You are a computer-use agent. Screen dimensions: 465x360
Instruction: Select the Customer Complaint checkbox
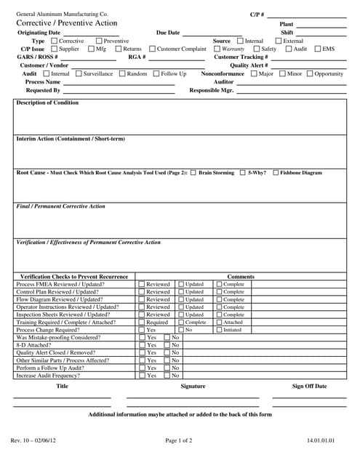tap(152, 49)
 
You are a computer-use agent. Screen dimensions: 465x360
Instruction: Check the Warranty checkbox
tap(216, 49)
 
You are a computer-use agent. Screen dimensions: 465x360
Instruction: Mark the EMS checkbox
tap(318, 49)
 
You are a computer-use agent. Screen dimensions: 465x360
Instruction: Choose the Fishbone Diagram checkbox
tap(276, 173)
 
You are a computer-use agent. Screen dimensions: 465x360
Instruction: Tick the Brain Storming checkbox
tap(193, 173)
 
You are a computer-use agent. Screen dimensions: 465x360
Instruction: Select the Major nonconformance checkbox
tap(254, 73)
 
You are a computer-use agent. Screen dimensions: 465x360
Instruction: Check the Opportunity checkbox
tap(310, 73)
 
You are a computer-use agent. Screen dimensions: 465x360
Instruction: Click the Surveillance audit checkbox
tap(79, 73)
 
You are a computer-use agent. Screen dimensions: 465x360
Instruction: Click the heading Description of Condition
tap(47, 103)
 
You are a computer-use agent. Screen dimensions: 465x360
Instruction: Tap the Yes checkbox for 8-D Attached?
tap(142, 345)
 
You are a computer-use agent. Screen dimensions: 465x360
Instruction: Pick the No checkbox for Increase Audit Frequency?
tap(167, 376)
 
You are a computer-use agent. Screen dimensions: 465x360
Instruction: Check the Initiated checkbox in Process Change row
tap(218, 330)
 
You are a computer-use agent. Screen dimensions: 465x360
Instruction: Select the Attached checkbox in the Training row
tap(218, 323)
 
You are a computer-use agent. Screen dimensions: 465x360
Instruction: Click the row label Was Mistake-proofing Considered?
tap(58, 338)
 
